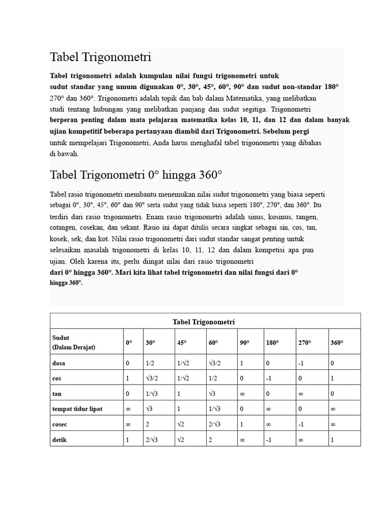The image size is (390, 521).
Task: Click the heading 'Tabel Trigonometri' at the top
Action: tap(101, 57)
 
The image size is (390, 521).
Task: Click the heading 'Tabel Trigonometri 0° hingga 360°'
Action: tap(136, 175)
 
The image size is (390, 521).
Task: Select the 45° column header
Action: tap(182, 343)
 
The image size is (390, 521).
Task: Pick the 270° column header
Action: tap(304, 343)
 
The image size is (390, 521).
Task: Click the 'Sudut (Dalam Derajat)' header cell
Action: tap(74, 342)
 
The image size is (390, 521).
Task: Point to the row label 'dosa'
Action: tap(58, 363)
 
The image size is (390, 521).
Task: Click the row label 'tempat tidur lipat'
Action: tap(77, 409)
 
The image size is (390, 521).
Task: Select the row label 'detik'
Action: tap(59, 440)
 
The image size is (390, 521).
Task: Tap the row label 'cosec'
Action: tap(60, 424)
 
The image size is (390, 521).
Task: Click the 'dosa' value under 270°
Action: tap(301, 363)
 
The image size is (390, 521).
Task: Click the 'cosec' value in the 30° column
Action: tap(148, 424)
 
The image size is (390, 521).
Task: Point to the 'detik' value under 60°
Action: tap(210, 440)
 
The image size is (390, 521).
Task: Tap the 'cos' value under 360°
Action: tap(332, 379)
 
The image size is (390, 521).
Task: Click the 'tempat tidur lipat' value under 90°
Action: tap(242, 409)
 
